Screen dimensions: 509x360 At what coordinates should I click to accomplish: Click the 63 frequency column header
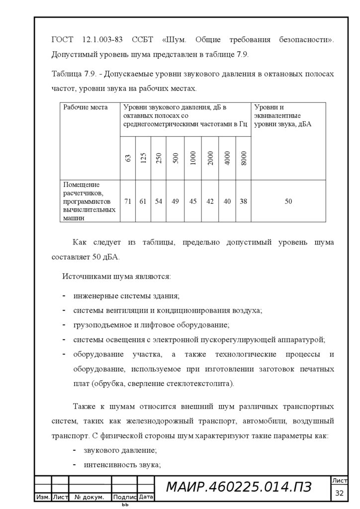128,158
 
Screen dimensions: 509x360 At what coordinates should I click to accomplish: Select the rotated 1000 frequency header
193,158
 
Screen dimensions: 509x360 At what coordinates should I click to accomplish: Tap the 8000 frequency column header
243,158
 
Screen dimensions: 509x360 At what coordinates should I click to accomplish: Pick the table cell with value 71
128,201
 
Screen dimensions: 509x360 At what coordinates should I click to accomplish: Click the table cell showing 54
159,201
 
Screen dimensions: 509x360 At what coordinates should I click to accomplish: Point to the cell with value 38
243,201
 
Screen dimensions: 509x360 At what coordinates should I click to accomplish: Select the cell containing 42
210,201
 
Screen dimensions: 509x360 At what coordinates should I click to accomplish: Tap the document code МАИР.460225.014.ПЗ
238,488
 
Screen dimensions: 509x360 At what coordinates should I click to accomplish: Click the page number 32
340,493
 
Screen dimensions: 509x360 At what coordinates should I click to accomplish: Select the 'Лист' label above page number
340,480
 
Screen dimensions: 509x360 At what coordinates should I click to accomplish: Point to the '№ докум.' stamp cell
90,497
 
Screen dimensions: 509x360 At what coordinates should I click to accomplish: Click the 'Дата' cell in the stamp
146,497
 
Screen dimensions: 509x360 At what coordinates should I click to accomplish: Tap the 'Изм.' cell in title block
43,497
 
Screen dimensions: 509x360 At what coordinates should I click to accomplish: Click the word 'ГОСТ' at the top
62,39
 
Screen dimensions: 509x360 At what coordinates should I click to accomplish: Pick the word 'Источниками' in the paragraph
83,276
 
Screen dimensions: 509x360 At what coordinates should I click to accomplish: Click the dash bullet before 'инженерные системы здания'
65,296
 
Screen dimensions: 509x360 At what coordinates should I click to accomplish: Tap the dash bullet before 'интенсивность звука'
74,465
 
